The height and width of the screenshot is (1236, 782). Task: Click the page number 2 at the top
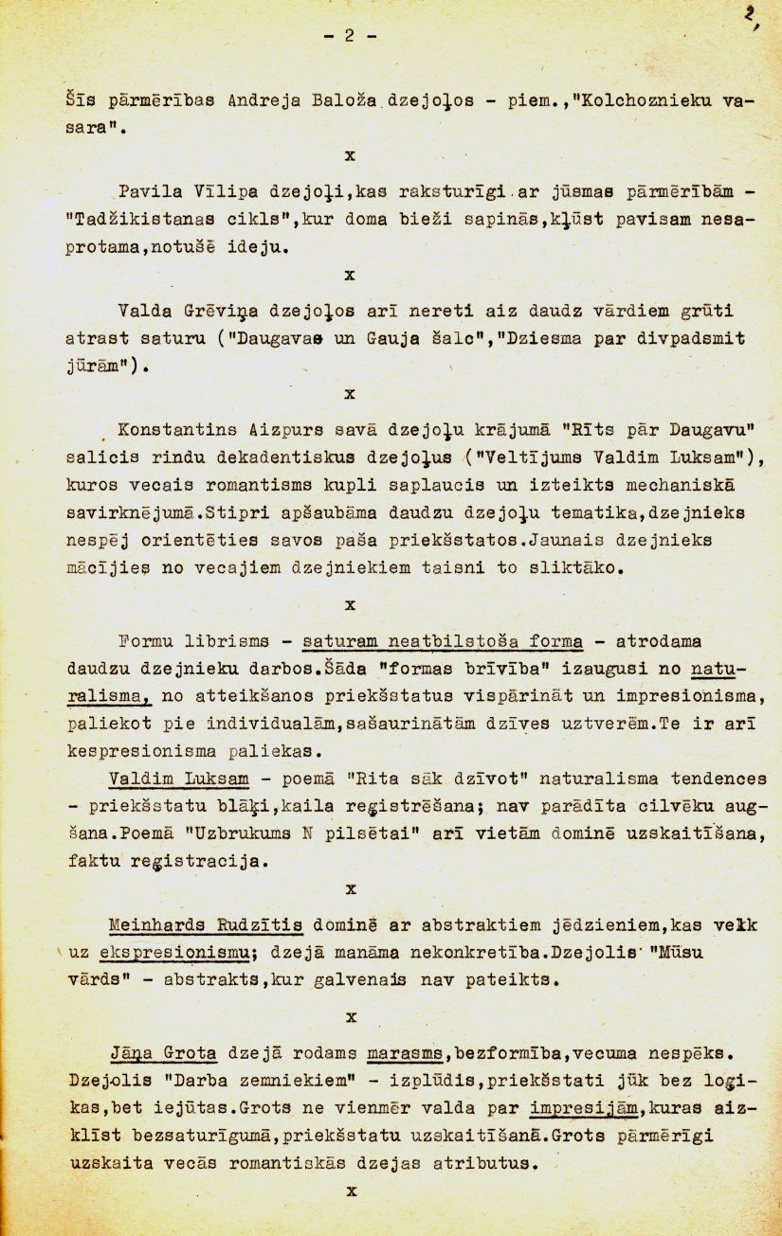349,37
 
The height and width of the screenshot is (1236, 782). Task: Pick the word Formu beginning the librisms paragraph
149,642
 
